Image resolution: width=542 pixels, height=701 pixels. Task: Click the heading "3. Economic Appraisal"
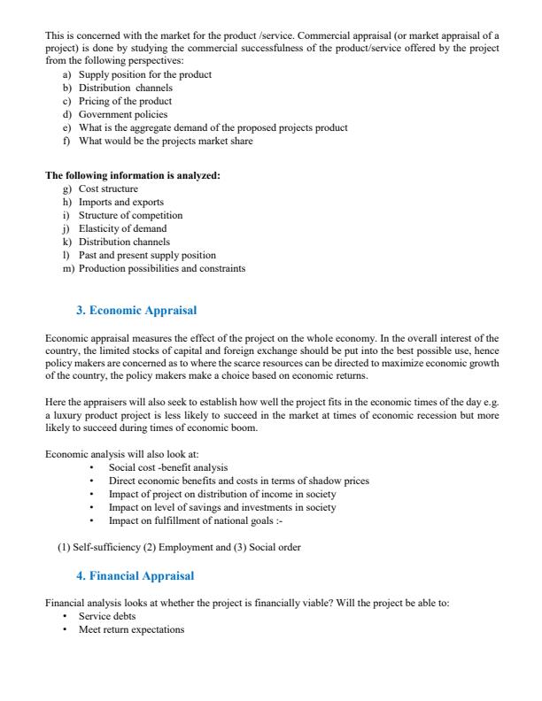coord(136,311)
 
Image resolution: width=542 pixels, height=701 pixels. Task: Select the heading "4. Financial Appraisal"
coord(135,576)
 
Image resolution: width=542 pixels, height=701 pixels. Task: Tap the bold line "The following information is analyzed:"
coord(132,175)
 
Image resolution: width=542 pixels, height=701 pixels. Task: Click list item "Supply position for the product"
coord(144,74)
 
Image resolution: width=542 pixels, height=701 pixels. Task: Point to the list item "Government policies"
coord(122,114)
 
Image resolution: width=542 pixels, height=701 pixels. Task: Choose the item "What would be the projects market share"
coord(166,141)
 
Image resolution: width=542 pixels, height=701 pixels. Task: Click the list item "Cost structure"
coord(108,189)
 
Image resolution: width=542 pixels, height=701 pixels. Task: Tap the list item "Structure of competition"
coord(130,215)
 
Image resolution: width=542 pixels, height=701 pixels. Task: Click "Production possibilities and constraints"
coord(162,268)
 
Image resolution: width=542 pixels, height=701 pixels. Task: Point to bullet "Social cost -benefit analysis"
coord(167,467)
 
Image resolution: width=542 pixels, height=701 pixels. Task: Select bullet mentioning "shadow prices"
coord(238,481)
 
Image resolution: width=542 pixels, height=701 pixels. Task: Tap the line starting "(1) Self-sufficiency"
coord(179,547)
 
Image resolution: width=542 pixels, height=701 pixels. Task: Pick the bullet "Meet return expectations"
coord(131,629)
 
